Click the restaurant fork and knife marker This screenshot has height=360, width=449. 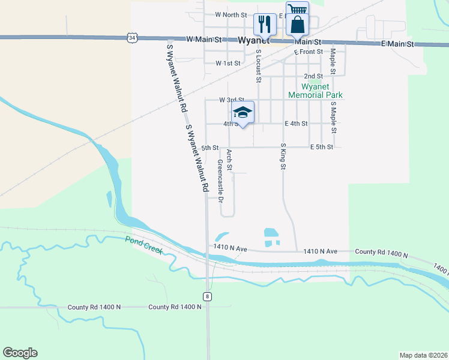pyautogui.click(x=265, y=25)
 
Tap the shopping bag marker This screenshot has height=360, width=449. pyautogui.click(x=297, y=25)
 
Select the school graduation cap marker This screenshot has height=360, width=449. pyautogui.click(x=243, y=112)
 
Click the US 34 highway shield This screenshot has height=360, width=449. pyautogui.click(x=131, y=38)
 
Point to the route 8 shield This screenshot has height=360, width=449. pyautogui.click(x=207, y=296)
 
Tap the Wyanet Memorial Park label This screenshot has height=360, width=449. pyautogui.click(x=315, y=91)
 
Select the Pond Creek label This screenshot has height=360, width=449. pyautogui.click(x=144, y=244)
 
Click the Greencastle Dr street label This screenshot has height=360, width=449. pyautogui.click(x=220, y=179)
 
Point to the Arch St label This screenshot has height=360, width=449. pyautogui.click(x=229, y=159)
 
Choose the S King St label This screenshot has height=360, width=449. pyautogui.click(x=282, y=156)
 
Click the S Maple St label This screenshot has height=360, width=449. pyautogui.click(x=334, y=117)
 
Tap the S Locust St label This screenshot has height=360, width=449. pyautogui.click(x=259, y=65)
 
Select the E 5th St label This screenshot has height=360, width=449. pyautogui.click(x=321, y=147)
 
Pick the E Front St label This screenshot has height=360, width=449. pyautogui.click(x=309, y=52)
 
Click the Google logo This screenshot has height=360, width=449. pyautogui.click(x=20, y=353)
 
